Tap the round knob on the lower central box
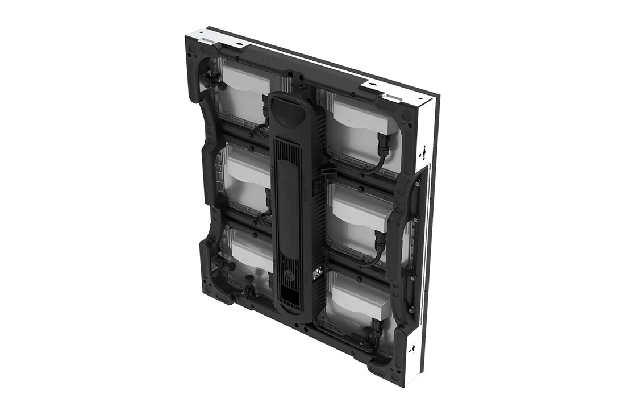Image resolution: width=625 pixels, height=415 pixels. pos(290,275)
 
